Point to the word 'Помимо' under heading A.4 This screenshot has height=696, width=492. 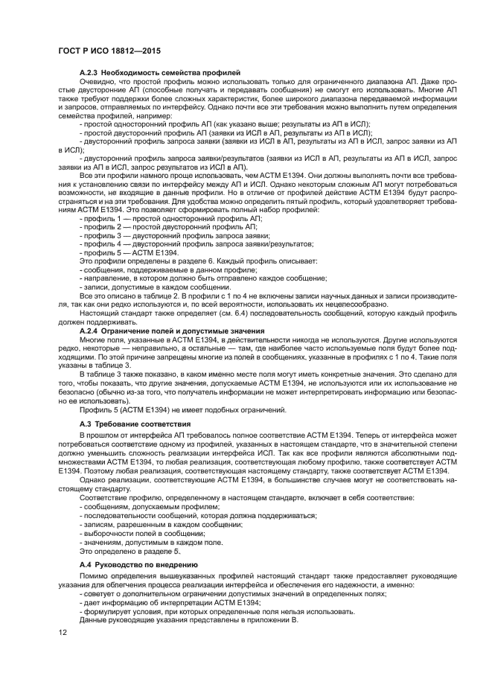[93, 576]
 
